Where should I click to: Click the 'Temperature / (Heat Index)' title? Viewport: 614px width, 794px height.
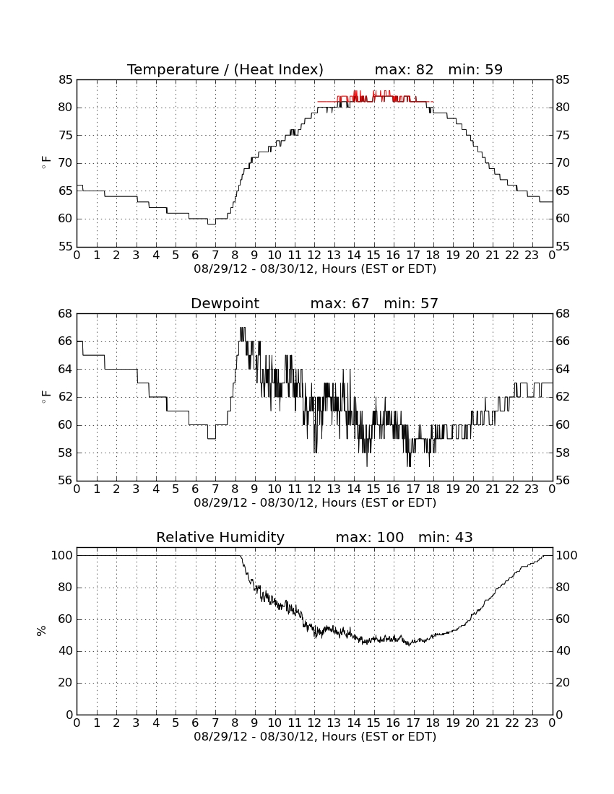point(225,69)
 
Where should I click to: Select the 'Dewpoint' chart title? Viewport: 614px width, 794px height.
point(225,303)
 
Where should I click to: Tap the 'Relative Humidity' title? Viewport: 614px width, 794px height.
point(220,537)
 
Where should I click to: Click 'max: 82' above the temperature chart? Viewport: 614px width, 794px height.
point(405,69)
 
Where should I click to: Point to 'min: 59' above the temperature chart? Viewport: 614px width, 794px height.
point(475,69)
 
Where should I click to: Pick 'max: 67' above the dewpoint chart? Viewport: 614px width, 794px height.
point(340,303)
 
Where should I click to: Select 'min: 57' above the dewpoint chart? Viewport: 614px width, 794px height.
point(411,303)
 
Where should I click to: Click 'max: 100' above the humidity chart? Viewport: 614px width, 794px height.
point(370,537)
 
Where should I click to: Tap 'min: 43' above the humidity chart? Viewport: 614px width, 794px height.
point(445,537)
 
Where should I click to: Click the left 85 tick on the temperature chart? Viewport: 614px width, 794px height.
point(66,80)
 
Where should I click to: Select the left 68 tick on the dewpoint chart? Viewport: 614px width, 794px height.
point(66,314)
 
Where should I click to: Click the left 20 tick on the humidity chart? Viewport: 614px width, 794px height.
point(66,683)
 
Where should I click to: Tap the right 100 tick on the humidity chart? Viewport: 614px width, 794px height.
point(566,556)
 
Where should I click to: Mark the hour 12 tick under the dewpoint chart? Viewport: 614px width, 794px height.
point(314,489)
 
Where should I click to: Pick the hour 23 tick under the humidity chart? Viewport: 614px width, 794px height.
point(532,723)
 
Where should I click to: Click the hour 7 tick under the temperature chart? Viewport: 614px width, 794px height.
point(215,256)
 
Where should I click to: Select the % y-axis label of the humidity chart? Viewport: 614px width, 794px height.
point(42,630)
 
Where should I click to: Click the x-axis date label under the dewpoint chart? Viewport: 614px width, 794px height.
point(315,503)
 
